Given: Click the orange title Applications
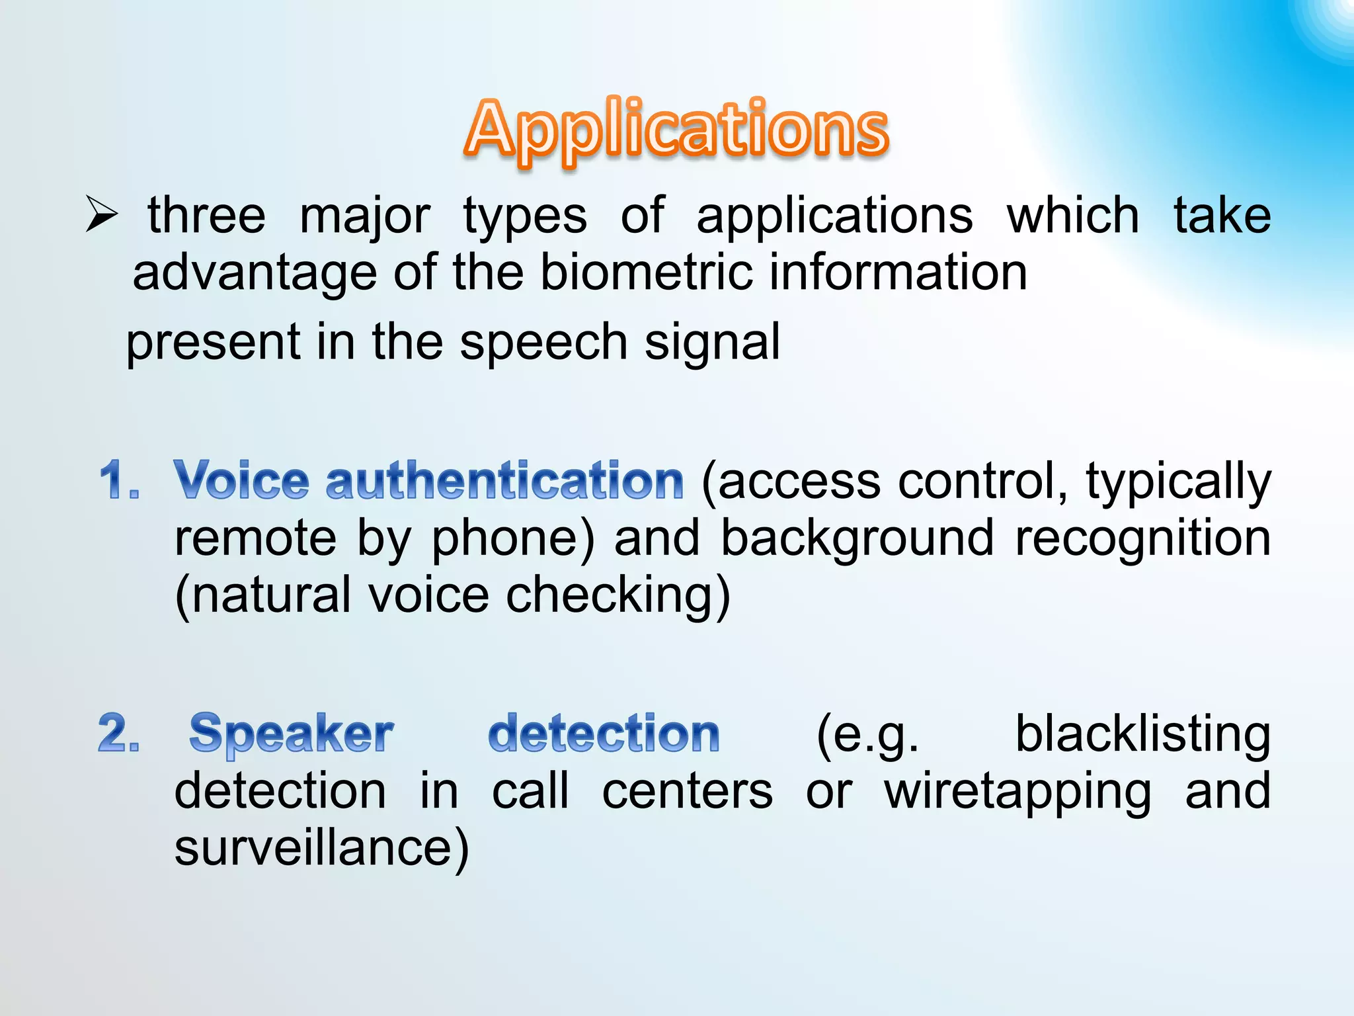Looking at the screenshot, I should [677, 129].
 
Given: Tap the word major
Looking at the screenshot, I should [365, 216].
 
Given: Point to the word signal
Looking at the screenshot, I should [712, 343].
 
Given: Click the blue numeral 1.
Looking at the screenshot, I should [119, 480].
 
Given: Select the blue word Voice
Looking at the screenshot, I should [241, 480].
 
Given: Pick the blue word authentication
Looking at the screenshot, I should [504, 480].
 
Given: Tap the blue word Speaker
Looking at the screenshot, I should [291, 734].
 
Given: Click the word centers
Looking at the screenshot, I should [687, 791].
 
